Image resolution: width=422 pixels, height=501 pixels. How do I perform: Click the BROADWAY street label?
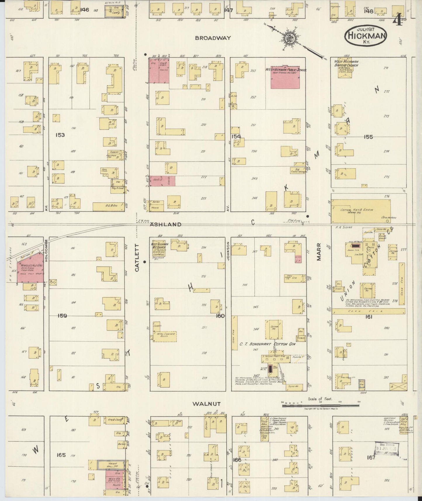point(213,38)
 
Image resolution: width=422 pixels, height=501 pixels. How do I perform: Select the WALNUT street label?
point(206,404)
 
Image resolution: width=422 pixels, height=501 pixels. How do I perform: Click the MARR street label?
point(319,252)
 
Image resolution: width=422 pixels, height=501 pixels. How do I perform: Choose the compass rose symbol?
point(290,38)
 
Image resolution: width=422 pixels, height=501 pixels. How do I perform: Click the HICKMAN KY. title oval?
point(366,36)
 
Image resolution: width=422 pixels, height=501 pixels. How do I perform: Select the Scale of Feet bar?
point(320,405)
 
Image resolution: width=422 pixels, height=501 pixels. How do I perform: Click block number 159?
point(62,316)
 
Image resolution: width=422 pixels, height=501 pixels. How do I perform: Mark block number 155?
point(368,137)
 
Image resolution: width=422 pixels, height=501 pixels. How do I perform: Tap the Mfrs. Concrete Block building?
point(165,335)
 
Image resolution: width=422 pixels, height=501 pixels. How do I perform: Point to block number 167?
point(371,457)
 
